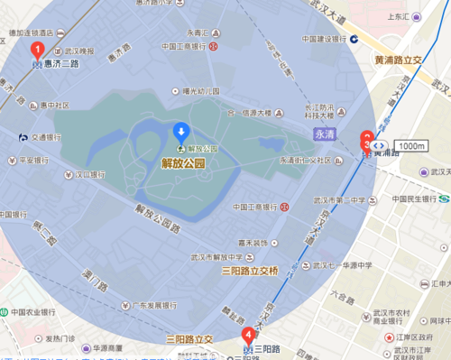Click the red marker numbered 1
tap(37, 51)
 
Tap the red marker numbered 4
tap(248, 336)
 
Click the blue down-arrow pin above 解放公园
tap(181, 132)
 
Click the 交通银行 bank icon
tap(23, 137)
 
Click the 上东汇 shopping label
tap(419, 16)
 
